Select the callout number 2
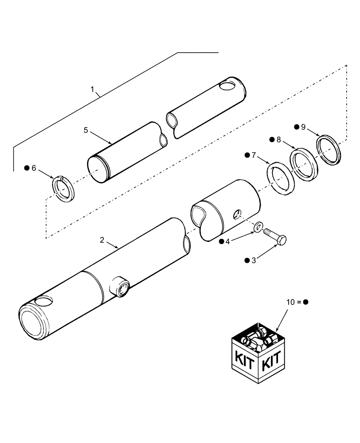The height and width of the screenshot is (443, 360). point(102,240)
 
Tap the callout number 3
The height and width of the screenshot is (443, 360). point(254,261)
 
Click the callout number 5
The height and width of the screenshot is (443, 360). point(86,130)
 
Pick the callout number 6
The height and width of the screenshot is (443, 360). point(33,168)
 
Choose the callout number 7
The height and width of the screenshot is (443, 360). point(254,155)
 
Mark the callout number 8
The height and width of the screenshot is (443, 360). point(278,140)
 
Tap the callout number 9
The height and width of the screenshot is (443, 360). point(303,127)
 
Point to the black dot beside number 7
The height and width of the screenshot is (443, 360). point(247,155)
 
